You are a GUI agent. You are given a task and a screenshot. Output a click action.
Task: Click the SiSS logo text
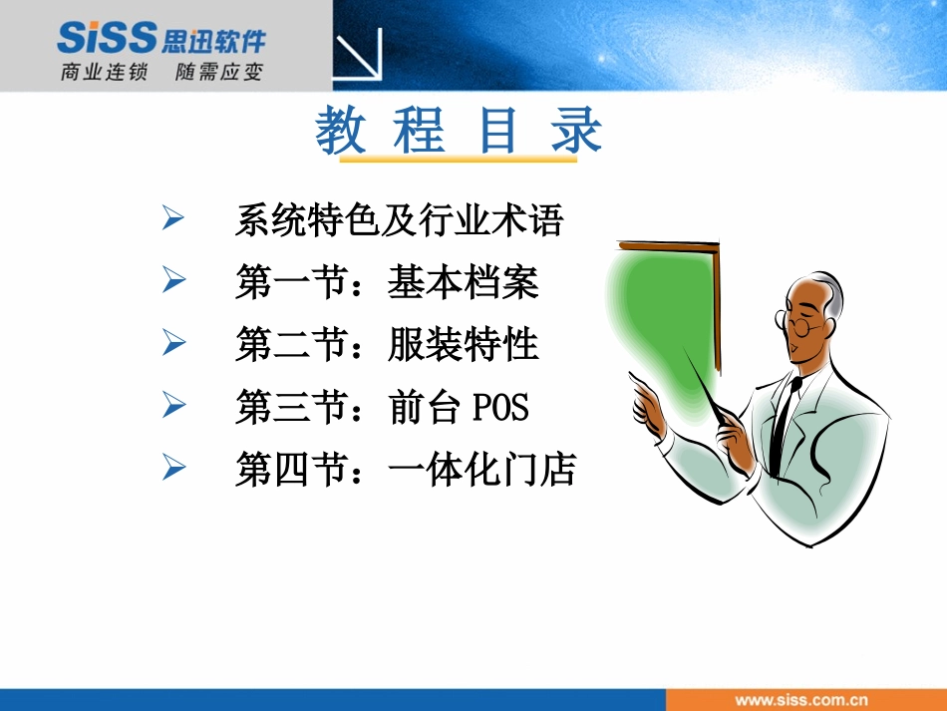[x=107, y=37]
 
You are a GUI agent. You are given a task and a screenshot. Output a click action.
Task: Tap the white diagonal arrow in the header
[x=359, y=55]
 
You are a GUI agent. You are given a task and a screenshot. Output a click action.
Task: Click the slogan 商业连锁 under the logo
[x=104, y=72]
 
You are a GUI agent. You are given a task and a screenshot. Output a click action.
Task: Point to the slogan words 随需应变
[x=219, y=72]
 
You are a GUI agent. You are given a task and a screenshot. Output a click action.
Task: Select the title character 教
[x=341, y=130]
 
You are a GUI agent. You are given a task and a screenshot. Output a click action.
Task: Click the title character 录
[x=576, y=130]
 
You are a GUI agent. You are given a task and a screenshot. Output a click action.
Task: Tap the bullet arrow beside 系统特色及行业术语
[x=173, y=217]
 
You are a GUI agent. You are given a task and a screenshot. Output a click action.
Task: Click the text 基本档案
[x=464, y=282]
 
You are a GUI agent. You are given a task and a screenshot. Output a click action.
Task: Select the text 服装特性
[x=464, y=344]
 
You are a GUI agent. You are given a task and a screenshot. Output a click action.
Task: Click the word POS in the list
[x=500, y=407]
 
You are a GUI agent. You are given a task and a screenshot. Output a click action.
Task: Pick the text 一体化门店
[x=481, y=469]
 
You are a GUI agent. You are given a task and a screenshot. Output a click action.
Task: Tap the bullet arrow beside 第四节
[x=173, y=467]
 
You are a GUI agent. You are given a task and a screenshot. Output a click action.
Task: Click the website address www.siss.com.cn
[x=801, y=700]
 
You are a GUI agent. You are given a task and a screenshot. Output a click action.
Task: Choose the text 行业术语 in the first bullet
[x=490, y=220]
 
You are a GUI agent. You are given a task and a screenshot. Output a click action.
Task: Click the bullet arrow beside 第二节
[x=173, y=342]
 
